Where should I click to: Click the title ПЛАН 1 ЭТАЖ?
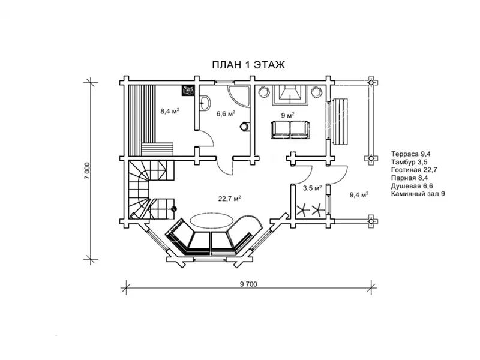[248, 65]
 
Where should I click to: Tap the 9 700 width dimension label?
[248, 284]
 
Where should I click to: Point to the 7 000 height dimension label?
[87, 170]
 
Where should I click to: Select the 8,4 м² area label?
[170, 111]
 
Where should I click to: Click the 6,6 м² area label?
[226, 113]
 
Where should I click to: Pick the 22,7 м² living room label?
[230, 199]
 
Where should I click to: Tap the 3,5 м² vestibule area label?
[312, 188]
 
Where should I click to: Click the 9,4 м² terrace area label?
[359, 194]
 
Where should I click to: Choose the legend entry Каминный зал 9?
[418, 194]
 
